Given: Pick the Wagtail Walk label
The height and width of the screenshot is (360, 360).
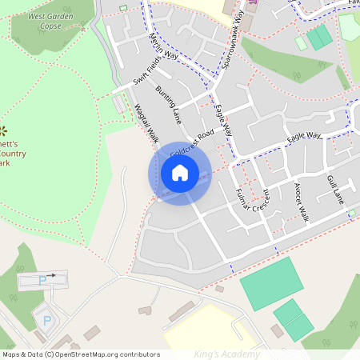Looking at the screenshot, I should [146, 124].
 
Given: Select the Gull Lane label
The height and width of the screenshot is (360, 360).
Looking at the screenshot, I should [334, 189].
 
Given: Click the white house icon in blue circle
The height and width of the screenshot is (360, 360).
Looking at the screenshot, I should [180, 173].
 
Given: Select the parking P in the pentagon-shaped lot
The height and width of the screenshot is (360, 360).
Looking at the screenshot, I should [46, 320].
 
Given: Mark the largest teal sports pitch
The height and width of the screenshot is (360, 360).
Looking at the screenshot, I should [271, 283].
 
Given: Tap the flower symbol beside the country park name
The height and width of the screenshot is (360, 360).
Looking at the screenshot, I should [3, 130].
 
